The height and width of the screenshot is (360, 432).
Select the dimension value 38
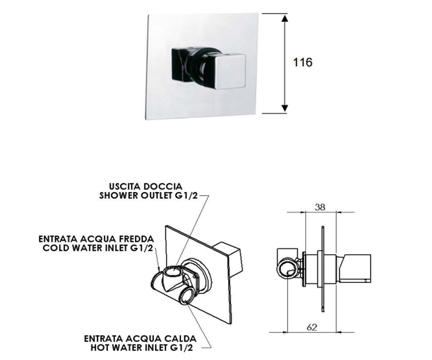coord(320,207)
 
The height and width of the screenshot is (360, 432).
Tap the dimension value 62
coord(312,327)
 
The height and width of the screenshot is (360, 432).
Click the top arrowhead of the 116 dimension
coord(285,18)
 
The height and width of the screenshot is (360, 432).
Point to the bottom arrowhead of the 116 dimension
coord(285,108)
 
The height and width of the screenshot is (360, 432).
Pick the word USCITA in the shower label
coord(124,186)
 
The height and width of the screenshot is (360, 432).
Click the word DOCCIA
coord(163,186)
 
